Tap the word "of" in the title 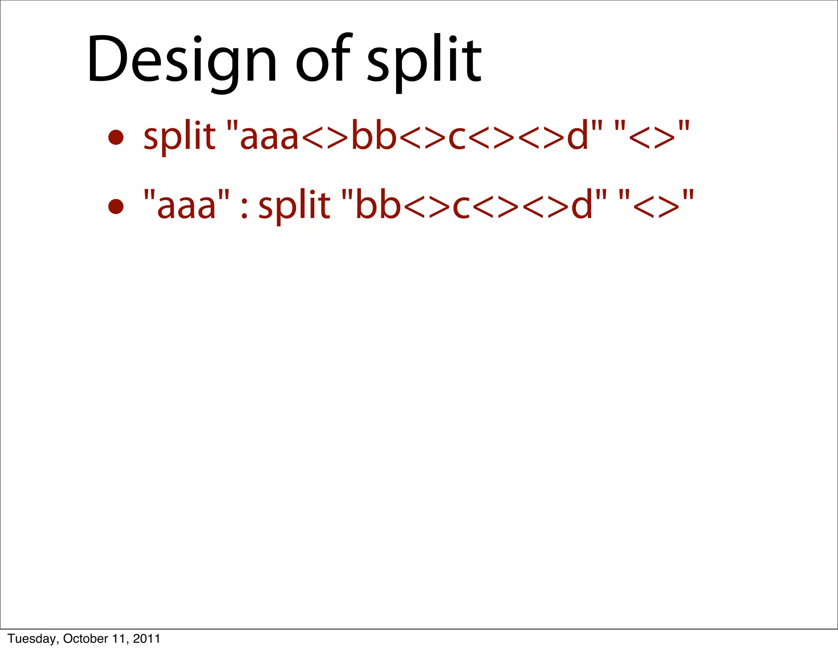tap(323, 59)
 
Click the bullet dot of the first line tap(116, 138)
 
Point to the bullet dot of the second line tap(116, 206)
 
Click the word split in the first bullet tap(179, 136)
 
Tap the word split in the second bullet tap(294, 205)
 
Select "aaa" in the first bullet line tap(269, 136)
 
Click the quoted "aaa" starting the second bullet tap(186, 205)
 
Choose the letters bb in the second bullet tap(378, 205)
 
